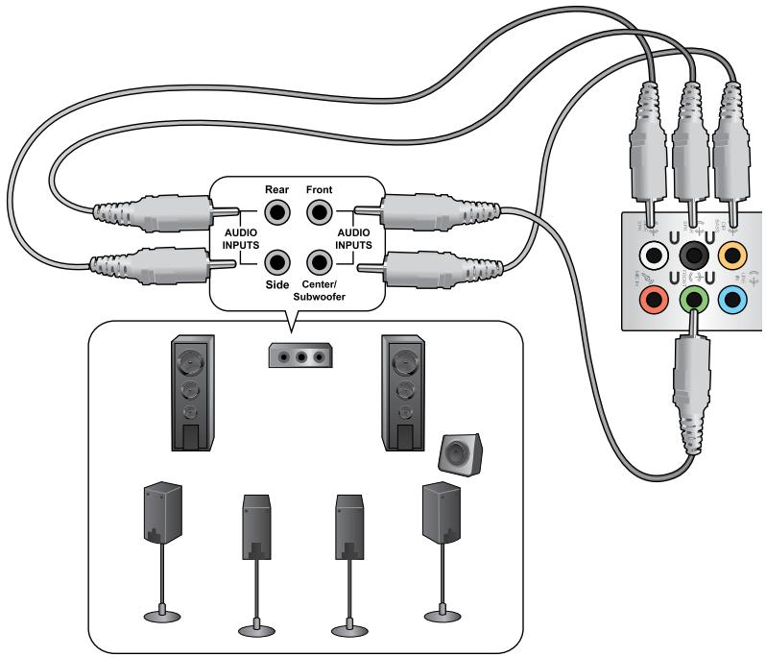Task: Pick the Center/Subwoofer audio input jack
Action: pos(318,261)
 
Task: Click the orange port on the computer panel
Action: pos(734,255)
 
